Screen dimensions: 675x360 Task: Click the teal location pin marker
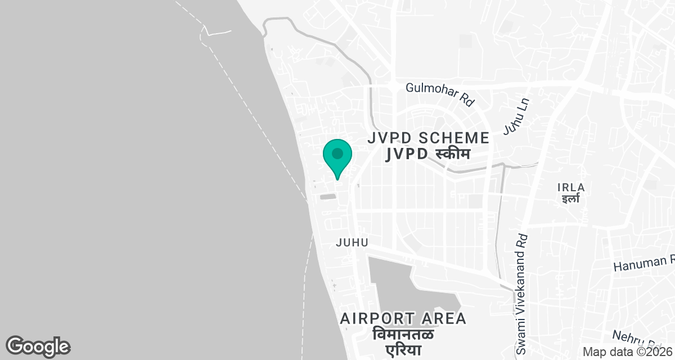(x=337, y=159)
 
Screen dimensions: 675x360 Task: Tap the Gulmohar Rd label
(x=440, y=93)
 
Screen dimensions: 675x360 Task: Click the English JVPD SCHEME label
(x=428, y=138)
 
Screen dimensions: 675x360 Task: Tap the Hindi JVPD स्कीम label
(x=428, y=154)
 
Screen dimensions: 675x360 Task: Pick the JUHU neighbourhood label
(x=352, y=242)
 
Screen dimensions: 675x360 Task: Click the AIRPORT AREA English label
(x=403, y=318)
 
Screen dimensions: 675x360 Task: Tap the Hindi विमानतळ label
(x=403, y=335)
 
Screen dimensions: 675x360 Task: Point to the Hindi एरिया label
(x=403, y=351)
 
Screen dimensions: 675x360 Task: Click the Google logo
(x=38, y=346)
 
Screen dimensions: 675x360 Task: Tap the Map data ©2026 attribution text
(x=627, y=352)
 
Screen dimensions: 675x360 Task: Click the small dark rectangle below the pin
(x=327, y=197)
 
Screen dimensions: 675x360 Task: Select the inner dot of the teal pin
(x=337, y=153)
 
